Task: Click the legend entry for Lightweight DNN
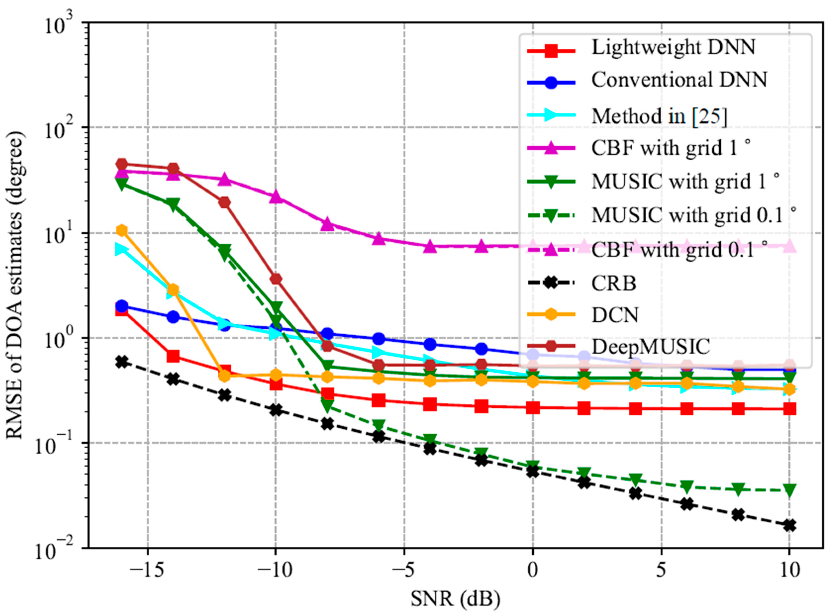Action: click(673, 48)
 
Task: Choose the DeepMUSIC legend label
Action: click(651, 347)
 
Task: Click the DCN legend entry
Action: click(615, 315)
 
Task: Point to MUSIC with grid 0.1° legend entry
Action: click(694, 215)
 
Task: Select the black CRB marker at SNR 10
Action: click(789, 526)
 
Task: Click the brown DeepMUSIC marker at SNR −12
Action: click(224, 203)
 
